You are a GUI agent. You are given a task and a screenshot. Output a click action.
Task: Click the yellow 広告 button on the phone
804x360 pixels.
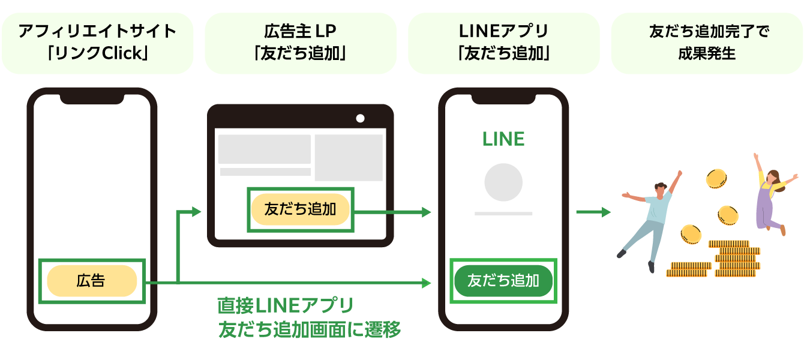[x=92, y=281]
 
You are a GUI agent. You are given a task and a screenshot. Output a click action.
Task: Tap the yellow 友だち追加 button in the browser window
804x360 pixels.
[x=300, y=209]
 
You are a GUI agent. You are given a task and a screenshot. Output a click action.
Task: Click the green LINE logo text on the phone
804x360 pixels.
[x=503, y=139]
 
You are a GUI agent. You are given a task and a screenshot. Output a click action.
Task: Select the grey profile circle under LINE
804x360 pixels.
[x=503, y=182]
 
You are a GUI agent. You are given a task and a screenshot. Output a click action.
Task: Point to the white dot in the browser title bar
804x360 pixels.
[x=360, y=118]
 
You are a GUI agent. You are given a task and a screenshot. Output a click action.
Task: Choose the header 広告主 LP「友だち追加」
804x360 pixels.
[x=301, y=43]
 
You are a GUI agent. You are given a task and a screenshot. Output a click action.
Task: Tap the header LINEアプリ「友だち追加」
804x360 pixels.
[x=503, y=43]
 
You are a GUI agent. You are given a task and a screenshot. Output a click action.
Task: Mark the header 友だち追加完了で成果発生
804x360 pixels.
[x=707, y=43]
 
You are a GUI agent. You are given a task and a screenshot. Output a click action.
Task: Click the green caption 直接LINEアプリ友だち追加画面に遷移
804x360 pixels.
[x=309, y=317]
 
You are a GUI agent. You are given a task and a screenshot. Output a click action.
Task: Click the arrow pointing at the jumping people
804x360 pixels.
[x=593, y=212]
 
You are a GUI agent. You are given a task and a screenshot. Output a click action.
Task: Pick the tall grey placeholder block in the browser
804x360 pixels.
[x=349, y=157]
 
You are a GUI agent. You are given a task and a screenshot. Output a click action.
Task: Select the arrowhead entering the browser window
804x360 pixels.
[x=194, y=211]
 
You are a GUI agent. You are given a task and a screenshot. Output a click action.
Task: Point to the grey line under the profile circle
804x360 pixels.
[x=503, y=213]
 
